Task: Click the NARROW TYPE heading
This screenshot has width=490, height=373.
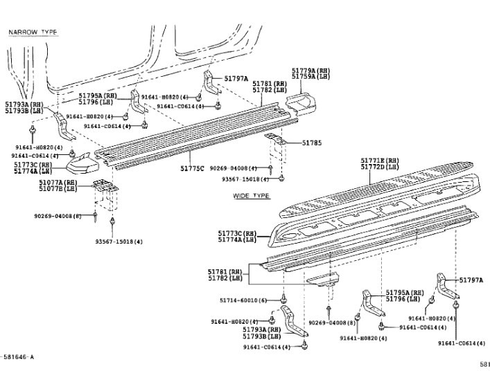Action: click(33, 33)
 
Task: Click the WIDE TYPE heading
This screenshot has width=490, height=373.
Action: click(251, 196)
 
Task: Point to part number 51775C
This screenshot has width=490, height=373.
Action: click(193, 167)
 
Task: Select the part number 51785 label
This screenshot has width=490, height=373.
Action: click(312, 143)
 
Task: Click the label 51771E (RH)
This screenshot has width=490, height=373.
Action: click(380, 161)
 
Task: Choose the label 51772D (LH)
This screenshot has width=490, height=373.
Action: click(380, 167)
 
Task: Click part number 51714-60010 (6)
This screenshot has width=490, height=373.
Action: click(242, 300)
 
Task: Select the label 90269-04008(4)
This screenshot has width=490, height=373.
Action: click(234, 168)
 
